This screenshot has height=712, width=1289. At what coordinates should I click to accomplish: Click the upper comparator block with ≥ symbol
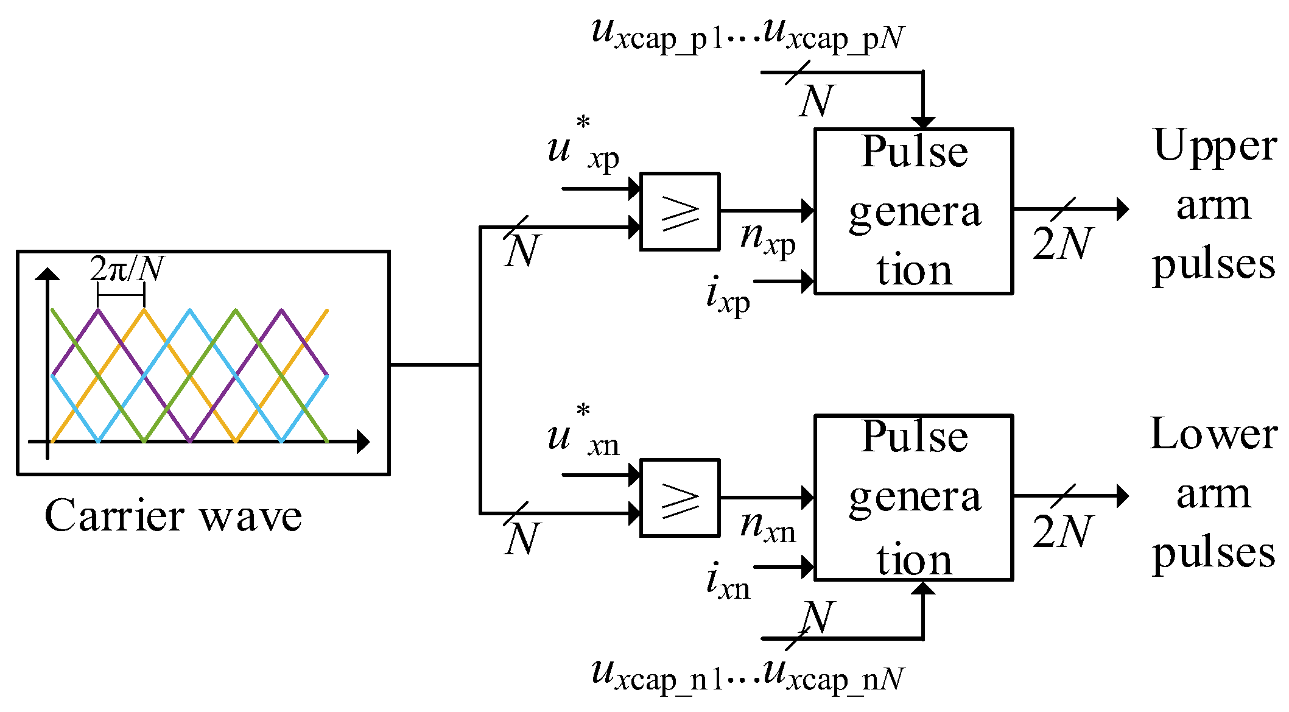pyautogui.click(x=680, y=211)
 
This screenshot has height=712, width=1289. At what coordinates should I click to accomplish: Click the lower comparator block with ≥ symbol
pyautogui.click(x=680, y=498)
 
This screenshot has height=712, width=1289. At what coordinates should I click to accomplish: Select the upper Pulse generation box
pyautogui.click(x=913, y=211)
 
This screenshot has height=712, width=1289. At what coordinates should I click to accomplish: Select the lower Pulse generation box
pyautogui.click(x=913, y=498)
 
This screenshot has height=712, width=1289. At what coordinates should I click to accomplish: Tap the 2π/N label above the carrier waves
pyautogui.click(x=127, y=268)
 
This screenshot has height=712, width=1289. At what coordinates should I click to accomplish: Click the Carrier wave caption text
pyautogui.click(x=173, y=516)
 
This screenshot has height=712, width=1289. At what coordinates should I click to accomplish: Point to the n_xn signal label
pyautogui.click(x=767, y=526)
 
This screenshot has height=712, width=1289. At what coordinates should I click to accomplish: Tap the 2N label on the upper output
pyautogui.click(x=1062, y=244)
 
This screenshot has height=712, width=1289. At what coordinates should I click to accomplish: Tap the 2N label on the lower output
pyautogui.click(x=1062, y=531)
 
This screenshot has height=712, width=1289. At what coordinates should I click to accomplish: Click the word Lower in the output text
pyautogui.click(x=1213, y=434)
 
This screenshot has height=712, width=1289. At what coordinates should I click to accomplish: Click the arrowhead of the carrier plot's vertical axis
pyautogui.click(x=47, y=273)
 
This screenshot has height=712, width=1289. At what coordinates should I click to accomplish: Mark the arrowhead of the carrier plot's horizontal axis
pyautogui.click(x=363, y=442)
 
